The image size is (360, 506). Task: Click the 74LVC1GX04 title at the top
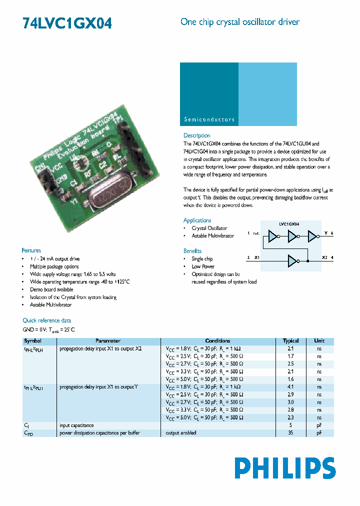point(67,23)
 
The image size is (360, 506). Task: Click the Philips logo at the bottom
point(285,468)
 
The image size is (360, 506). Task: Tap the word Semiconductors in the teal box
point(209,119)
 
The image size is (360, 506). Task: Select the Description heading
point(196,135)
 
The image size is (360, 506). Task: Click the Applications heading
point(197,220)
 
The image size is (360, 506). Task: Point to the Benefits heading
point(192,251)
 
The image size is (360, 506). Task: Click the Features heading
point(31,250)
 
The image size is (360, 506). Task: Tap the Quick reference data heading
point(46,320)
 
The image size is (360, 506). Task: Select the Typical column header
point(290,340)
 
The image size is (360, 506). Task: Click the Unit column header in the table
point(319,340)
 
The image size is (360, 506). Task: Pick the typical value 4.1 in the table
point(290,387)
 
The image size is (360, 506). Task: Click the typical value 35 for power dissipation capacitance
point(290,432)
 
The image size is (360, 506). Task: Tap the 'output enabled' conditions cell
point(181,432)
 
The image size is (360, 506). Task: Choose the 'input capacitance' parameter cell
point(76,425)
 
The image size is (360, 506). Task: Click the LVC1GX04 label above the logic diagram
point(289,225)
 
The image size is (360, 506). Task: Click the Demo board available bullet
point(51,289)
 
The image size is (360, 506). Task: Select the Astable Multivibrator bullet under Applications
point(213,236)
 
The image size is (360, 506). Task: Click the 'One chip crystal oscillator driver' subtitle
point(240,22)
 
